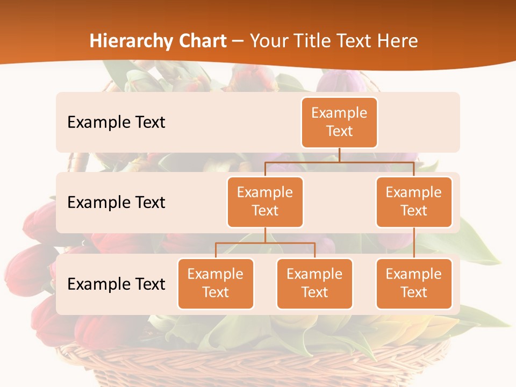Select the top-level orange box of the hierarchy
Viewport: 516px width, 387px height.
point(339,122)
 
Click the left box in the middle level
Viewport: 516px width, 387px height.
point(265,202)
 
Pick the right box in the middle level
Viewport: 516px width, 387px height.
point(414,202)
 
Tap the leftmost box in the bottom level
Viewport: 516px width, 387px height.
point(216,283)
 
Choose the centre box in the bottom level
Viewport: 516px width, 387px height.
point(314,283)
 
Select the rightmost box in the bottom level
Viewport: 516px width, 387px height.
point(414,283)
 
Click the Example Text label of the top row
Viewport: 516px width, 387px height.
point(116,122)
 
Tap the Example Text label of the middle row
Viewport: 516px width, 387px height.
point(116,202)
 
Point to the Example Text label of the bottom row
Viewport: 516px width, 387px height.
point(116,284)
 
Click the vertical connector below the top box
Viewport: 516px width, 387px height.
point(339,155)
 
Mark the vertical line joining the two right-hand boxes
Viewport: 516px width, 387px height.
point(414,243)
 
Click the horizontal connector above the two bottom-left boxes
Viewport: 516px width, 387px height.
point(265,243)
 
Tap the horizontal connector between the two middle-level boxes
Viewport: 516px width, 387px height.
point(339,161)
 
